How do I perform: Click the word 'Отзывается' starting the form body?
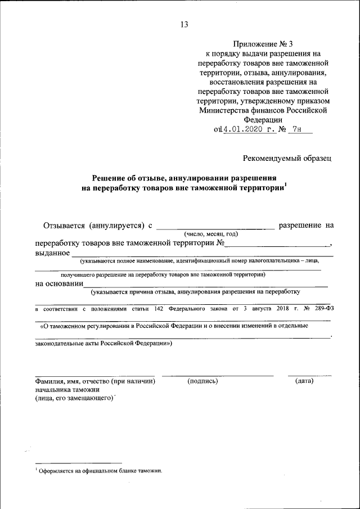pos(64,226)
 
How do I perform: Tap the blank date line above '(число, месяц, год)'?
pos(215,227)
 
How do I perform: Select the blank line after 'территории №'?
pos(278,244)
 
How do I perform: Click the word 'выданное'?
pos(52,253)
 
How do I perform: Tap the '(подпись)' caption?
pos(202,381)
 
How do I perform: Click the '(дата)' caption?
pos(304,381)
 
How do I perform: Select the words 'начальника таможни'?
pos(67,389)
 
